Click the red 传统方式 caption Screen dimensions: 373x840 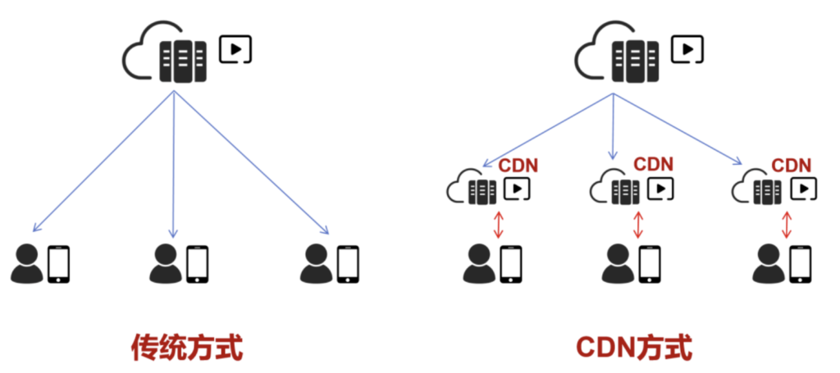[187, 347]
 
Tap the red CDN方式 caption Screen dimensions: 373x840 [633, 347]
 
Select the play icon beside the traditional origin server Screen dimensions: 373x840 [236, 50]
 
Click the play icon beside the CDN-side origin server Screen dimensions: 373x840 [687, 50]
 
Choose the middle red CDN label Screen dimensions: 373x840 [653, 165]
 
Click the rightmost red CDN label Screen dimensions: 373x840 [792, 165]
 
